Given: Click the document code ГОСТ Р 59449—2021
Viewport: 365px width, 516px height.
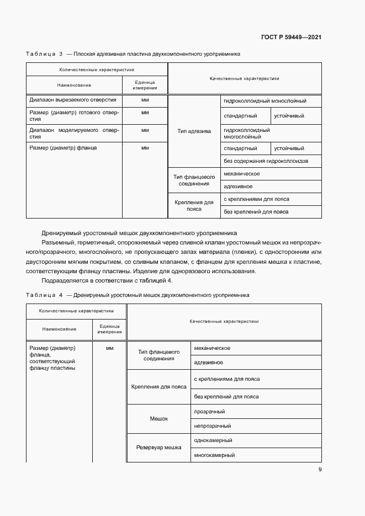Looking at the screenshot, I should tap(291, 38).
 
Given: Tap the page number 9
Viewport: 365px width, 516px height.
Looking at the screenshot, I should tap(320, 470).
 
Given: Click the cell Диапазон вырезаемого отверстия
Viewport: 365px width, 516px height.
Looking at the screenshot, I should tap(72, 100).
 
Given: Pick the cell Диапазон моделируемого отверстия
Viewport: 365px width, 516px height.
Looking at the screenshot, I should tap(73, 134).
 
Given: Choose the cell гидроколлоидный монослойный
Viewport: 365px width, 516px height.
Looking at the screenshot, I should tap(265, 101).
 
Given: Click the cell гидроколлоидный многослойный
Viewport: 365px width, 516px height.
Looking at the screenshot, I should tap(246, 133).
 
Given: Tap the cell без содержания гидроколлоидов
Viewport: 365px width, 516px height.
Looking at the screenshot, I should tap(266, 162).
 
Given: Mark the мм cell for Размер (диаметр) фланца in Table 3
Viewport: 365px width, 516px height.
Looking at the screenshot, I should tap(145, 148).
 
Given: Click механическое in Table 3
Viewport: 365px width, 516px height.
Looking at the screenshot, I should tap(241, 174).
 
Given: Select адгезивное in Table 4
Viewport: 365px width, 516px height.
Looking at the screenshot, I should tap(209, 363).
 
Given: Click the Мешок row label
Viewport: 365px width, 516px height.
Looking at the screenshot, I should tap(159, 419).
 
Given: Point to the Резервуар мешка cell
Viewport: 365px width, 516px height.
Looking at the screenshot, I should tap(159, 448).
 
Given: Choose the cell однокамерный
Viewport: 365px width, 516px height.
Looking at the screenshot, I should tap(213, 440).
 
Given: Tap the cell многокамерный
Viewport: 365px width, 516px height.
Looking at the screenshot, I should tap(214, 455).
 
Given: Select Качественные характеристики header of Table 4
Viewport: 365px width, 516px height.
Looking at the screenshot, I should tap(224, 321).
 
